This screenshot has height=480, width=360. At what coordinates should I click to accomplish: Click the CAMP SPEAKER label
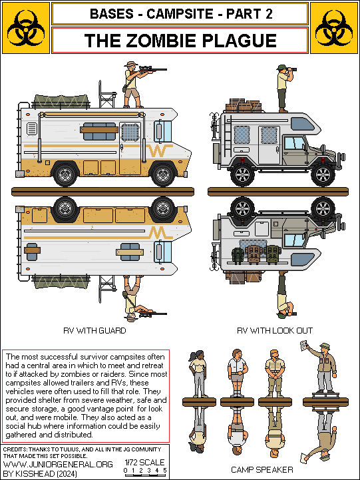[x=262, y=469]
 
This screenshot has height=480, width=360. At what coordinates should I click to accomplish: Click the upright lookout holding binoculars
[x=283, y=87]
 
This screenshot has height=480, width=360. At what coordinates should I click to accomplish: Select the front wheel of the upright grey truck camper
[x=322, y=174]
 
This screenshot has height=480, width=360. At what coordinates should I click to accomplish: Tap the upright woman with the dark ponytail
[x=198, y=373]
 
